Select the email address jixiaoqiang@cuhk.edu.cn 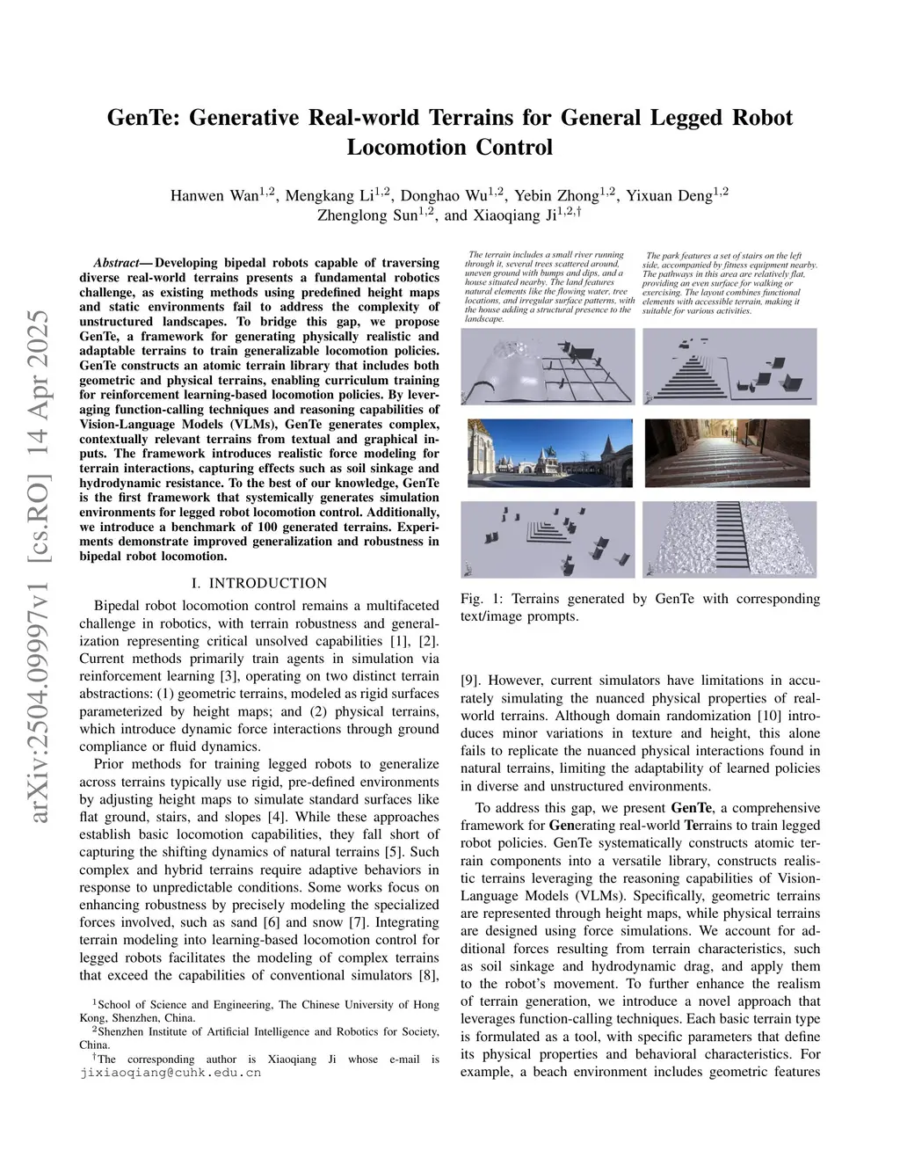click(171, 1073)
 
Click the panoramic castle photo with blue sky click(549, 452)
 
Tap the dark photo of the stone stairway click(729, 452)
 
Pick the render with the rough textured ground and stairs click(729, 539)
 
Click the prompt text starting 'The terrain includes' click(549, 287)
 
